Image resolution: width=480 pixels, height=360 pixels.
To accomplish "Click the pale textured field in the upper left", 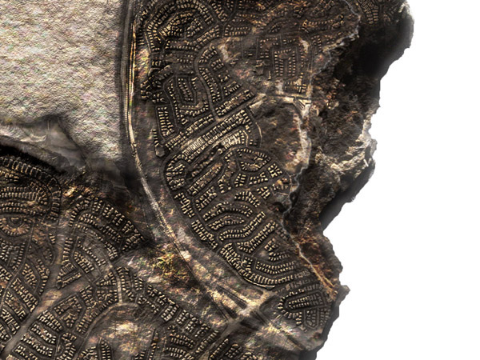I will (x=56, y=64).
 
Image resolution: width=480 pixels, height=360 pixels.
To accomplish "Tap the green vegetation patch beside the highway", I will (x=167, y=261).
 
